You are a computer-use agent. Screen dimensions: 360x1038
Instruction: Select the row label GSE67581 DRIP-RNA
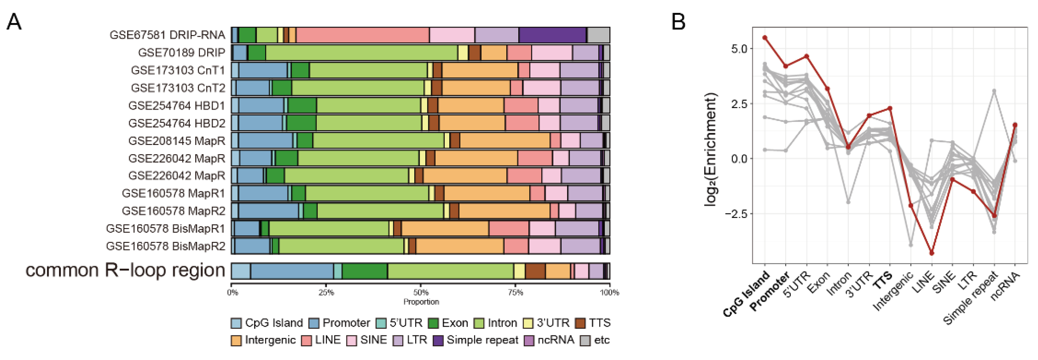[x=167, y=35]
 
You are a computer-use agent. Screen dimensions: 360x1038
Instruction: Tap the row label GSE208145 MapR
[x=177, y=141]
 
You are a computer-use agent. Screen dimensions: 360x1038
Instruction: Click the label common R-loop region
[x=125, y=270]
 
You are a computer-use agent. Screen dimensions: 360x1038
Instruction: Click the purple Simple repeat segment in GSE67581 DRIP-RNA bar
[x=552, y=35]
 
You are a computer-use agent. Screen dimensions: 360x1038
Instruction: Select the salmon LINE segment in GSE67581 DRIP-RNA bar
[x=363, y=35]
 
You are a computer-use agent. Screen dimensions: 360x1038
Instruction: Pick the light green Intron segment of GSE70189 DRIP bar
[x=361, y=53]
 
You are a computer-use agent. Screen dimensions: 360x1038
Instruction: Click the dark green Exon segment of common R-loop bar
[x=365, y=271]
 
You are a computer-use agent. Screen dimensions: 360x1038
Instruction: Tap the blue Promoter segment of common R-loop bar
[x=292, y=271]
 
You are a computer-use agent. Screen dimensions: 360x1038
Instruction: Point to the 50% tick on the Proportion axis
[x=421, y=292]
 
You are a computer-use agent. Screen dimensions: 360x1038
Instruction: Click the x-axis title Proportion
[x=421, y=302]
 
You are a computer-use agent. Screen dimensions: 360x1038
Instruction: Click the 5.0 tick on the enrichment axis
[x=738, y=49]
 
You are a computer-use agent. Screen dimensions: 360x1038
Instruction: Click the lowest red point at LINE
[x=932, y=253]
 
